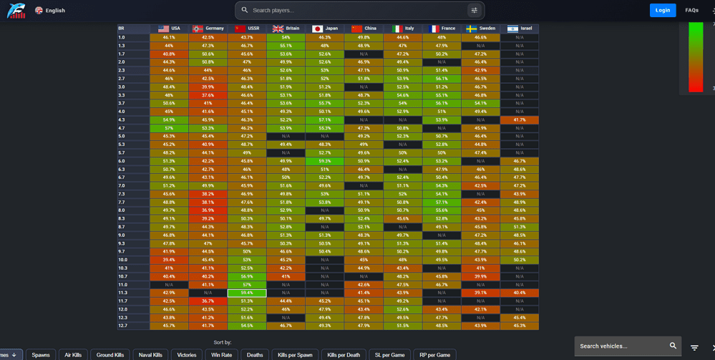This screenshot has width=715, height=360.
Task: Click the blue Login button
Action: [663, 10]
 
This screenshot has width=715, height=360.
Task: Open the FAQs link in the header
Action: [691, 10]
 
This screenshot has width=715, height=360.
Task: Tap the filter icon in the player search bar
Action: [474, 10]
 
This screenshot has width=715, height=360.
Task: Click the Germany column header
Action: [208, 29]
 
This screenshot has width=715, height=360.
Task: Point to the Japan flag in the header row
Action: [318, 29]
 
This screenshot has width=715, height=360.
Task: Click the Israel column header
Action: [519, 29]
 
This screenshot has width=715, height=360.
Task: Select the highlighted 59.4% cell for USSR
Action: [247, 293]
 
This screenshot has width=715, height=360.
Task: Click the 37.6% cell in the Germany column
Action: [208, 94]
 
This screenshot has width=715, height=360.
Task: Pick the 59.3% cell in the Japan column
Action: [325, 161]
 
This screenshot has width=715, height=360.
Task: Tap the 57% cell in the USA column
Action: [169, 128]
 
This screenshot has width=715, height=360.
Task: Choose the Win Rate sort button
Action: [222, 354]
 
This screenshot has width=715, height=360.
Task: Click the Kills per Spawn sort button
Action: [294, 354]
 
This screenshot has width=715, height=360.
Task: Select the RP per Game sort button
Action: [434, 354]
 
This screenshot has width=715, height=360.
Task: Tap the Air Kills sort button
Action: [74, 354]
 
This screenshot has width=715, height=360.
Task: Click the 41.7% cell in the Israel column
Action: [519, 120]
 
